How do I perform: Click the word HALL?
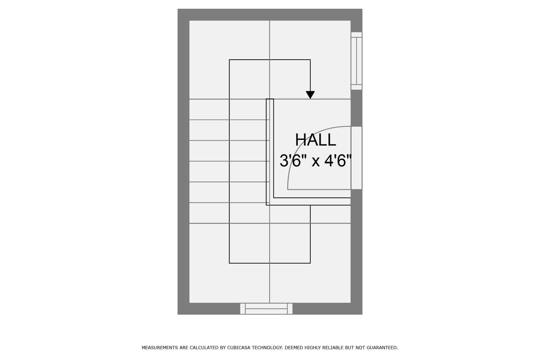(315, 140)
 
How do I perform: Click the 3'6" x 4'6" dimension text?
(316, 161)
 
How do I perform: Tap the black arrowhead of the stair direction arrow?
(310, 95)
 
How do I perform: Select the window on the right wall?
(356, 61)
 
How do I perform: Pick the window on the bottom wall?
(266, 309)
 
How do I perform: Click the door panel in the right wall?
(356, 158)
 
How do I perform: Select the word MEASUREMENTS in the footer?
(160, 348)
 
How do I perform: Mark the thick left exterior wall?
(184, 162)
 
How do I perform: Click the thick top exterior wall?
(270, 15)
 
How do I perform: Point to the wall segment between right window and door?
(356, 108)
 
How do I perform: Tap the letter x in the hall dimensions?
(316, 162)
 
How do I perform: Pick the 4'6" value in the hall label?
(338, 161)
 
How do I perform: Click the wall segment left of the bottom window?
(209, 309)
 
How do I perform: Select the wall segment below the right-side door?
(356, 252)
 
